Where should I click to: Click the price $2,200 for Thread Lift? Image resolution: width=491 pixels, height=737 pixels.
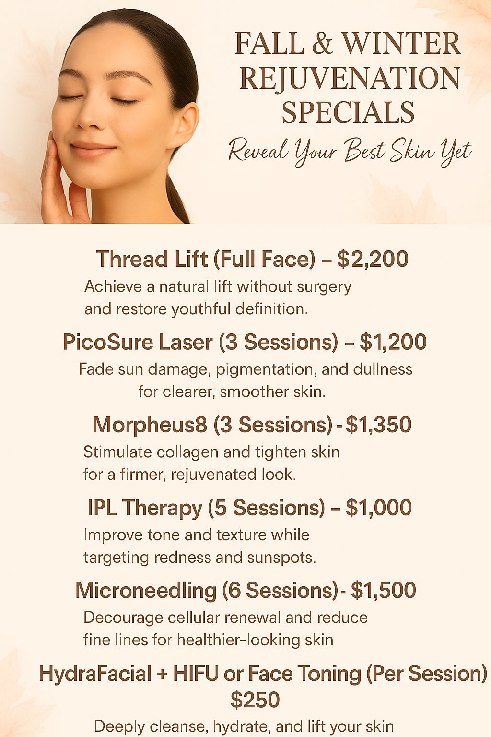[373, 259]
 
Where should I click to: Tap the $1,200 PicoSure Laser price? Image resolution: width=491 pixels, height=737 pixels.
[393, 342]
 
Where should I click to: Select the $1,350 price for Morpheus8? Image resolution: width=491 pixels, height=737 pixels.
[378, 425]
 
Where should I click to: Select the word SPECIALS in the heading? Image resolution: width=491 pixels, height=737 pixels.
[348, 113]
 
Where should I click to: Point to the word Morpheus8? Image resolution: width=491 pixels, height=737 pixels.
[150, 425]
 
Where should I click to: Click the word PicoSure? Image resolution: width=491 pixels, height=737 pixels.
[108, 342]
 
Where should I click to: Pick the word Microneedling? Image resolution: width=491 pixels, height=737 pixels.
[146, 591]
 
